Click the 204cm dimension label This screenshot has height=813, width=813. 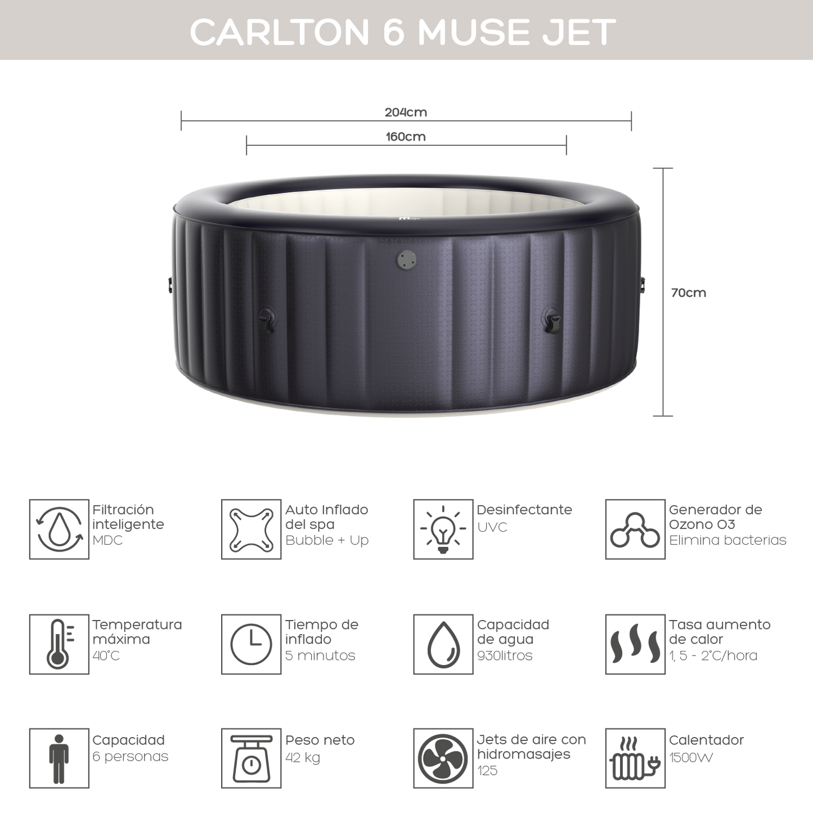pos(406,112)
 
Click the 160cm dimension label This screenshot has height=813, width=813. pos(406,137)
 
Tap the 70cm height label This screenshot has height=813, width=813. pos(689,293)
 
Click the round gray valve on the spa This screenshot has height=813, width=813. pos(406,259)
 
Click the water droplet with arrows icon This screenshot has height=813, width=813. pos(59,529)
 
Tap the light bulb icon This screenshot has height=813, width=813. pos(443,529)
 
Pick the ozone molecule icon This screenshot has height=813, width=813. pos(635,531)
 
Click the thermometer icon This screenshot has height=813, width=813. pos(60,644)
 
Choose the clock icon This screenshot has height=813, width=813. pos(251,644)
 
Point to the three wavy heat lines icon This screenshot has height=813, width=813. pos(635,644)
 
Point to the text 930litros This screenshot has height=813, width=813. pos(505,655)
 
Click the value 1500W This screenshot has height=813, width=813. pos(691,758)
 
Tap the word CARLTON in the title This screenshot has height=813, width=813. pos(280,32)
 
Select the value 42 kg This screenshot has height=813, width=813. pos(303,758)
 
